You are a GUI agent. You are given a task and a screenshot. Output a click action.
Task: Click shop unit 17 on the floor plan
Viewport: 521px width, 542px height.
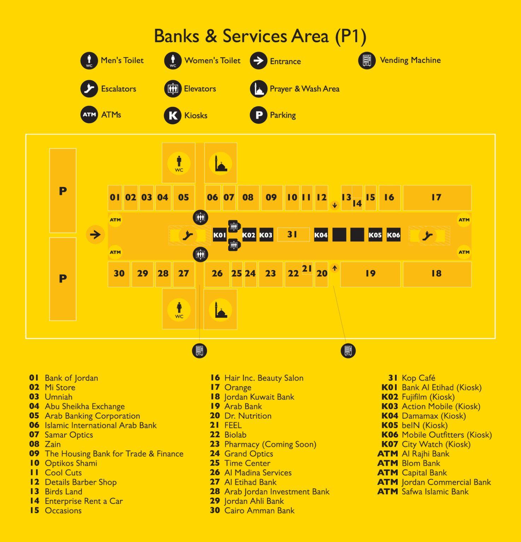(437, 198)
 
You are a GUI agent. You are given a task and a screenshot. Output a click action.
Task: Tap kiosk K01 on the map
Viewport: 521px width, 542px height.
(219, 235)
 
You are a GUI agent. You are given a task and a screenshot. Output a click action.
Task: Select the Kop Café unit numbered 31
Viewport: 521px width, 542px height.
(293, 235)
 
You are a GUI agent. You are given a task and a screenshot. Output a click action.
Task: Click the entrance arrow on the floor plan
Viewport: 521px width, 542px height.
(95, 235)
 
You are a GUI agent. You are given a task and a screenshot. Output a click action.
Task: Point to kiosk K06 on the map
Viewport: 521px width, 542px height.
(393, 235)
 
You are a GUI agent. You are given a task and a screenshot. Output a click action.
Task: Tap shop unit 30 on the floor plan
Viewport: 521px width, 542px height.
(119, 274)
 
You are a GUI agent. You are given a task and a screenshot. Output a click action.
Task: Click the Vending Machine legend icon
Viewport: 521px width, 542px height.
(367, 61)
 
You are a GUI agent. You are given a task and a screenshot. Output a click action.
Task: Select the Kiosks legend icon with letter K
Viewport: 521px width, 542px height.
(173, 115)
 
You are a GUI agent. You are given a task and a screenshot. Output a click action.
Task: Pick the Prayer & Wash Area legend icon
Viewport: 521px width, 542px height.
(259, 89)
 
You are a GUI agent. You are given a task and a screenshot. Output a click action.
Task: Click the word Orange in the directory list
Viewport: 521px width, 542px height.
(238, 387)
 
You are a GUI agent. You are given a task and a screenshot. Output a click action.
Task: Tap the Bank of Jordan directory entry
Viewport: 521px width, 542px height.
(64, 378)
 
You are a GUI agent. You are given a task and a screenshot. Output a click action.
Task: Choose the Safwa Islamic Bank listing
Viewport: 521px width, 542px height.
(423, 492)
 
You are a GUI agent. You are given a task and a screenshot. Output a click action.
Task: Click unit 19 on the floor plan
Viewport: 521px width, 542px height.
(371, 274)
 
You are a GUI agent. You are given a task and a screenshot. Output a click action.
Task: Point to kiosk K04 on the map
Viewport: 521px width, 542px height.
(321, 235)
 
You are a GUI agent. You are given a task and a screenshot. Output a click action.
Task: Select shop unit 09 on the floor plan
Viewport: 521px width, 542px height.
(272, 198)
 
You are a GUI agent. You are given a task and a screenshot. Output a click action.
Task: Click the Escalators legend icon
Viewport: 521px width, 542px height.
(89, 89)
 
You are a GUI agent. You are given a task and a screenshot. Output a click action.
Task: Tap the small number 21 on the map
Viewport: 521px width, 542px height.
(307, 269)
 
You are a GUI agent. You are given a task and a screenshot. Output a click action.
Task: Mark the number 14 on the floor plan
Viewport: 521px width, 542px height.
(357, 203)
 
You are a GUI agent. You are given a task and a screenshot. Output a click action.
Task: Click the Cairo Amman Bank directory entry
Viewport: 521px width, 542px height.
(252, 511)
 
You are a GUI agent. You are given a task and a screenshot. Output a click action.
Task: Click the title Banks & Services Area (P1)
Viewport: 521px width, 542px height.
(260, 36)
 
